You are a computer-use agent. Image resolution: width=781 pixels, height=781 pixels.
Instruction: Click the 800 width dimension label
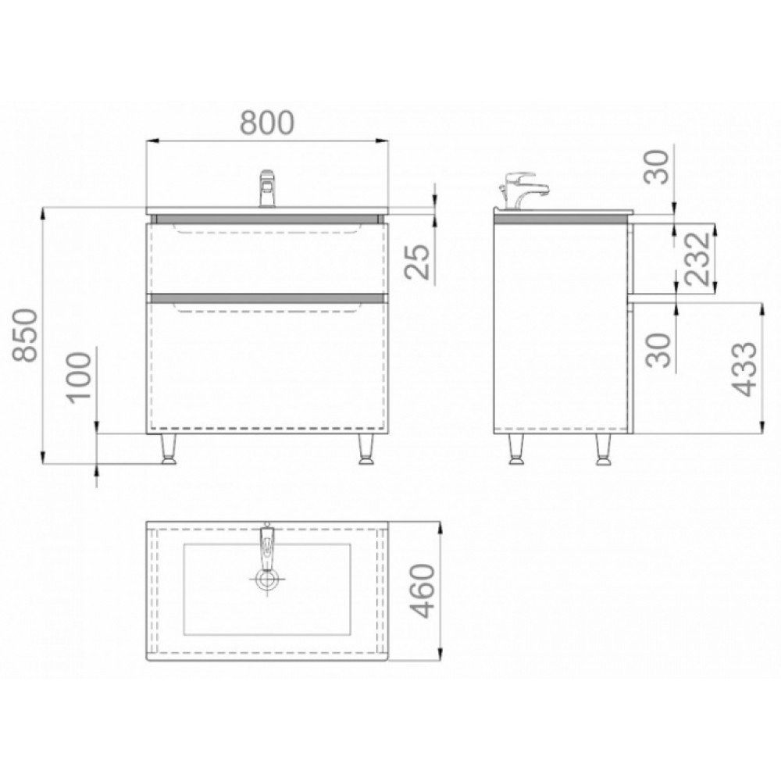click(267, 123)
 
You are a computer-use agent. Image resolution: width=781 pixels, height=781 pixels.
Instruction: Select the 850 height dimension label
click(26, 335)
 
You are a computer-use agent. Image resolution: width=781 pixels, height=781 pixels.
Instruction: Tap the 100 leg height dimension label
click(79, 376)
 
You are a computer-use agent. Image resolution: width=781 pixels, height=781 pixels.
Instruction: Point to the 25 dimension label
click(416, 262)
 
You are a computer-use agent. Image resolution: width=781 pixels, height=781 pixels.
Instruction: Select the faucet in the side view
click(522, 191)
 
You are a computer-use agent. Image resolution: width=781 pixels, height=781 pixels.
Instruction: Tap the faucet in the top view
click(267, 554)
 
